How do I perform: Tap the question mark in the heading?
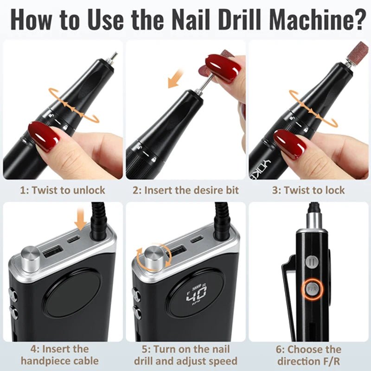(x=354, y=19)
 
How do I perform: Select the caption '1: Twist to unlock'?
(x=62, y=190)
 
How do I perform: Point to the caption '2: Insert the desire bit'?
(x=185, y=190)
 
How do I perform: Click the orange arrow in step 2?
(x=175, y=79)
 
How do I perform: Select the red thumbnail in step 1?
(x=44, y=135)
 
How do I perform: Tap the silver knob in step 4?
(x=31, y=258)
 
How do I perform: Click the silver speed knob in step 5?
(x=154, y=257)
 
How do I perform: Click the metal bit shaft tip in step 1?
(x=113, y=58)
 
